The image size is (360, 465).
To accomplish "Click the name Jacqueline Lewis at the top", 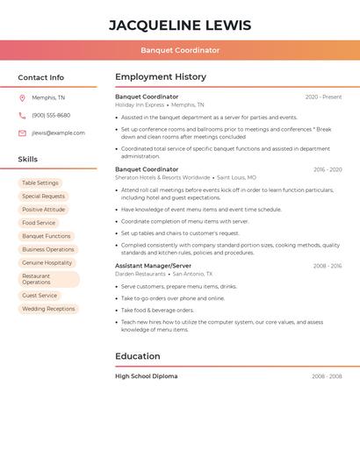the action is tap(180, 25).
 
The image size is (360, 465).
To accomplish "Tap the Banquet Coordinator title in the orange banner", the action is tap(180, 50).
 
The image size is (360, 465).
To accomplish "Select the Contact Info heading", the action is tap(40, 77).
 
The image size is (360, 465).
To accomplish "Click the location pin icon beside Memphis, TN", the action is tap(22, 97).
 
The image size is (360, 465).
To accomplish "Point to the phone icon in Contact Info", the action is tap(22, 115).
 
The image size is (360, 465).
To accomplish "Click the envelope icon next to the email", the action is tap(22, 133).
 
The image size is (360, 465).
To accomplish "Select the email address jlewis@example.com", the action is tap(58, 133).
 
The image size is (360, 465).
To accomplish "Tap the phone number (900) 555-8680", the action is tap(51, 115).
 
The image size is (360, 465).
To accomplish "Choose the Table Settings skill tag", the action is tap(40, 183).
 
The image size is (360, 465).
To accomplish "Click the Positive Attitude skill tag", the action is tap(44, 210).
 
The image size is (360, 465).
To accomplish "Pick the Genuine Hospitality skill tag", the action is tap(47, 262).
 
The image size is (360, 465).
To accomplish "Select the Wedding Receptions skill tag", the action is tap(48, 309).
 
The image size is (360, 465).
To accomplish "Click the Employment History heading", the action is tap(161, 77).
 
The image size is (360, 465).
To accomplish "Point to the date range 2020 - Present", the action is tap(323, 97).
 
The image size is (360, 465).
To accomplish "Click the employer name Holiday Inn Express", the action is tap(140, 104).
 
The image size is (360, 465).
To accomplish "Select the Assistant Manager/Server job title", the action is tap(153, 266).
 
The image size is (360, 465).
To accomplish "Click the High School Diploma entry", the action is tap(146, 376).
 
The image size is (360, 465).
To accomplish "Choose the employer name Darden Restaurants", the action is tap(140, 274).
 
